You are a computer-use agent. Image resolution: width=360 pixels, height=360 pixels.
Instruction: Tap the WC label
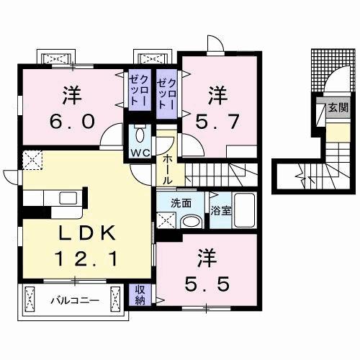point(139,153)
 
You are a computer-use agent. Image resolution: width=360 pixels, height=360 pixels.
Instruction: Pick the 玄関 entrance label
point(336,108)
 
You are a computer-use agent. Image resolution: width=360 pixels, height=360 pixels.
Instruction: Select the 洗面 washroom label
point(181,204)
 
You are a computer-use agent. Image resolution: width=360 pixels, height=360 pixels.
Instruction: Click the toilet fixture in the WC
point(140,135)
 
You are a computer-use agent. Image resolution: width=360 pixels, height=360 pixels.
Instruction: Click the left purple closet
point(138,93)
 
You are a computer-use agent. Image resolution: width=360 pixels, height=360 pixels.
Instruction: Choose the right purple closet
point(167,93)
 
